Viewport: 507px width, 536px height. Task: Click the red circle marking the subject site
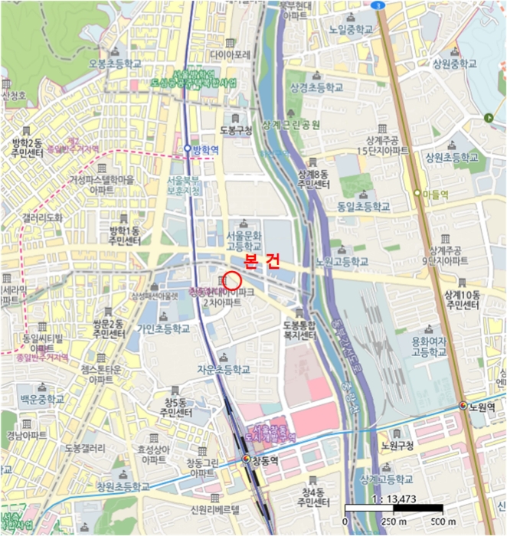click(x=232, y=281)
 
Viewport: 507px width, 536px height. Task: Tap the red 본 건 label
click(x=260, y=262)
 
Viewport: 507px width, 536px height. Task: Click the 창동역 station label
click(x=263, y=459)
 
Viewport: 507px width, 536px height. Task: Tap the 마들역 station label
click(x=434, y=194)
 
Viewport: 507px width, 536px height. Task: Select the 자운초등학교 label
click(x=224, y=368)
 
